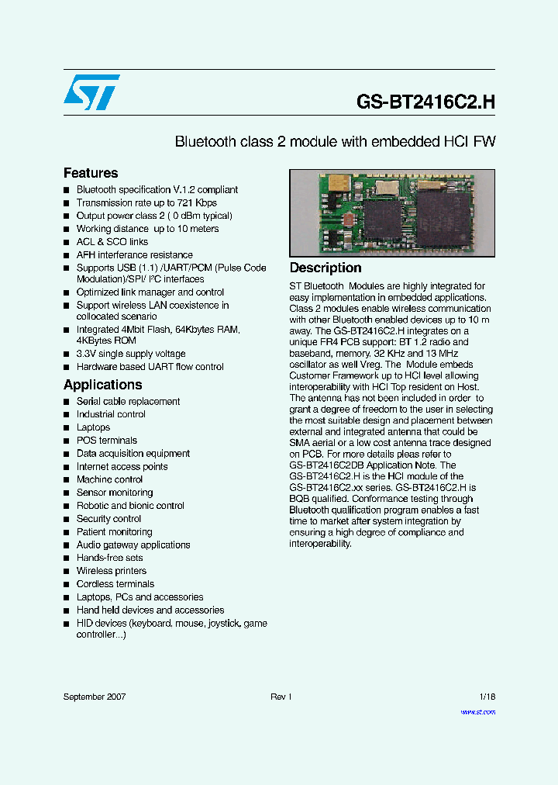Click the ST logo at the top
(91, 92)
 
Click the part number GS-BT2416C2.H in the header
(425, 101)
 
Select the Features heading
(91, 173)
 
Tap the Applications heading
(102, 385)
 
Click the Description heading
(325, 268)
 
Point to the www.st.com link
(477, 711)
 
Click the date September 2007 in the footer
(94, 697)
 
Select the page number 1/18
(487, 697)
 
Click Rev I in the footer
(281, 697)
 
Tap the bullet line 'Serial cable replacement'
(128, 401)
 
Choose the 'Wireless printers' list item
(111, 571)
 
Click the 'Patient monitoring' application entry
(114, 531)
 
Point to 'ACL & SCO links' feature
(112, 241)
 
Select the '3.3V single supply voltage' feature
(130, 354)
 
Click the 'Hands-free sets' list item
(109, 558)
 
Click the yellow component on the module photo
(338, 183)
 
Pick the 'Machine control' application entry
(109, 479)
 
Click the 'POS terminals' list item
(106, 440)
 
